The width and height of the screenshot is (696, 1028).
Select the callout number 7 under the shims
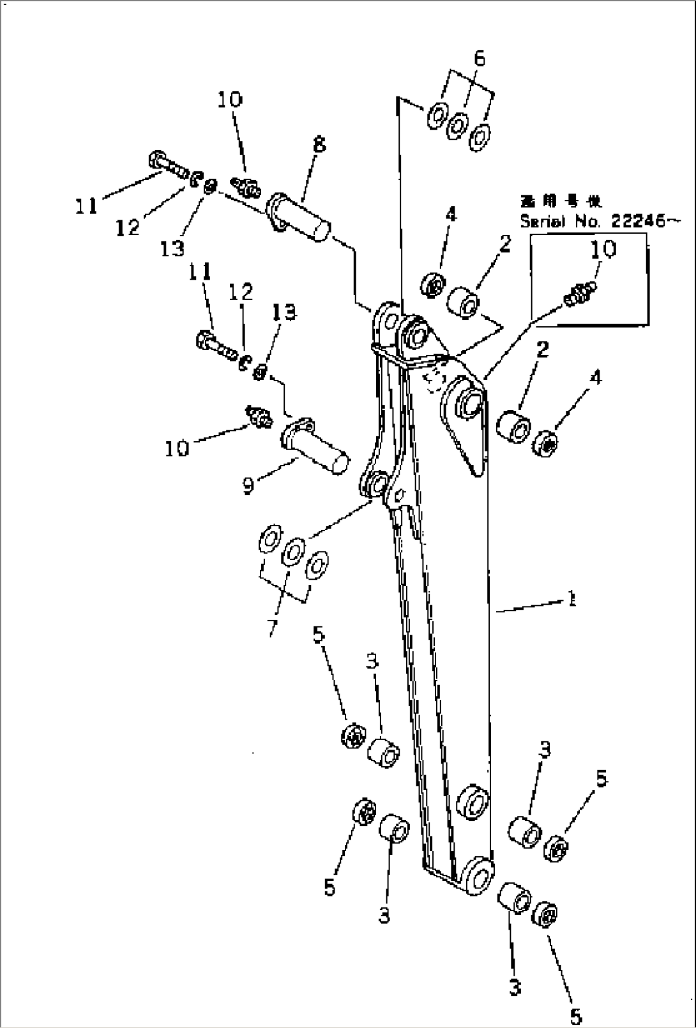tap(273, 628)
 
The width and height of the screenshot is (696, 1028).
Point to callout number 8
tap(319, 146)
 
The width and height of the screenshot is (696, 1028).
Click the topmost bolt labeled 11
tap(167, 165)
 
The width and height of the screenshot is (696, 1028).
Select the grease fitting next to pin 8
tap(246, 185)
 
